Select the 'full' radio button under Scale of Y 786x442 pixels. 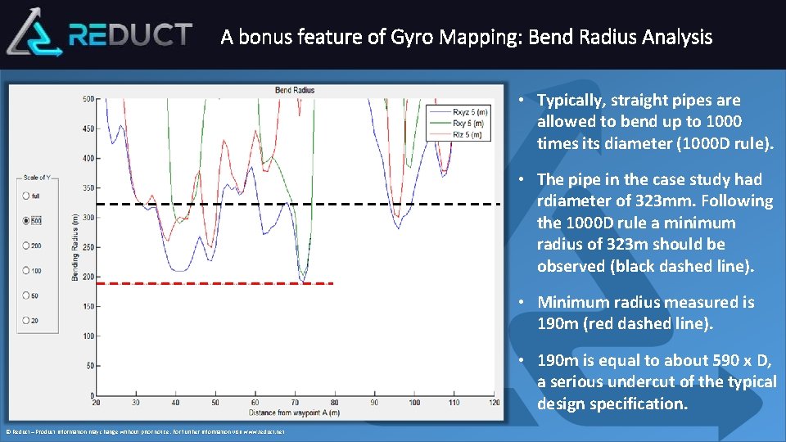coord(26,196)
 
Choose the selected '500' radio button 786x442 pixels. coord(26,221)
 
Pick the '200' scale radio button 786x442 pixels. coord(26,246)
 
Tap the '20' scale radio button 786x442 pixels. coord(26,320)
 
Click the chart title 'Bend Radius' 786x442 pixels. coord(295,90)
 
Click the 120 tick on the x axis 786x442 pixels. coord(494,403)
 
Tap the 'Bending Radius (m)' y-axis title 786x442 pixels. coord(75,248)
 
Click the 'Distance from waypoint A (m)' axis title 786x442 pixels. coord(295,412)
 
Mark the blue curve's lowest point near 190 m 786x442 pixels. coord(302,282)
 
